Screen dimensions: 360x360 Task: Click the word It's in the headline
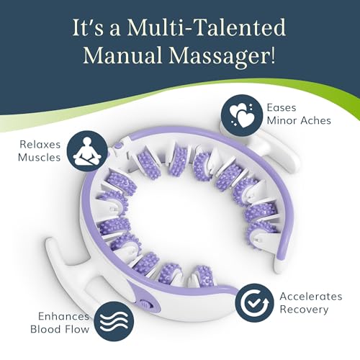coord(89,28)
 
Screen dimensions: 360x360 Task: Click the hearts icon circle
coord(242,115)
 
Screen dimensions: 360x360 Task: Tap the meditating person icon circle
coord(87,151)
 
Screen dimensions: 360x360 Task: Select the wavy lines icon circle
coord(114,321)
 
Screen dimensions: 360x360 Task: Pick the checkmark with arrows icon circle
coord(254,303)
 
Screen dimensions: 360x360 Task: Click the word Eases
coord(282,108)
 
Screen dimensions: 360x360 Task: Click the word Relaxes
coord(40,145)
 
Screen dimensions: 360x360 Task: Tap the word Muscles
coord(39,158)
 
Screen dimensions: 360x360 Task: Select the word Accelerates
coord(311,297)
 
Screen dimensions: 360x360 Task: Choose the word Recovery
coord(304,310)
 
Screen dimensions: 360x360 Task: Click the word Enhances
coord(64,316)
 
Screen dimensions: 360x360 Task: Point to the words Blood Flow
coord(60,329)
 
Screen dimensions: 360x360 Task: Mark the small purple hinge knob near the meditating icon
coord(117,146)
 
